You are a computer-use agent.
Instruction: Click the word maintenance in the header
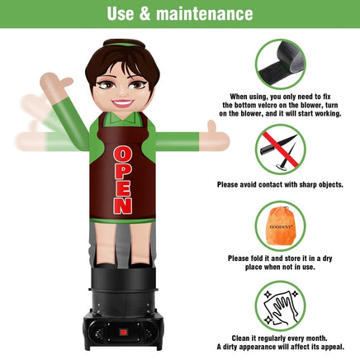tap(205, 14)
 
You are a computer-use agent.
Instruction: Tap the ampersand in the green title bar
tap(144, 14)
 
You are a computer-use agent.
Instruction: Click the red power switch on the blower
tap(123, 333)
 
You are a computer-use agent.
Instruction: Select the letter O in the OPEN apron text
tap(122, 154)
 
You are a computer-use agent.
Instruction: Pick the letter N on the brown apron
tap(123, 206)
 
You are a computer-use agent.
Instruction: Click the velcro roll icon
tap(280, 64)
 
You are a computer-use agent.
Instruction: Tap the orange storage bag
tap(280, 225)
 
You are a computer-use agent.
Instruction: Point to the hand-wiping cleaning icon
tap(280, 306)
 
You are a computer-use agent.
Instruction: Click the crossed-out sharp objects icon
tap(280, 149)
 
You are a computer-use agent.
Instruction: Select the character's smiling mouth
tap(122, 103)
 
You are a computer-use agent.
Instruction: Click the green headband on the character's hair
tap(124, 45)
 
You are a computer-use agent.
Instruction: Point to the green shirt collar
tap(123, 119)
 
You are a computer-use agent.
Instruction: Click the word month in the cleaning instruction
tap(316, 338)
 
